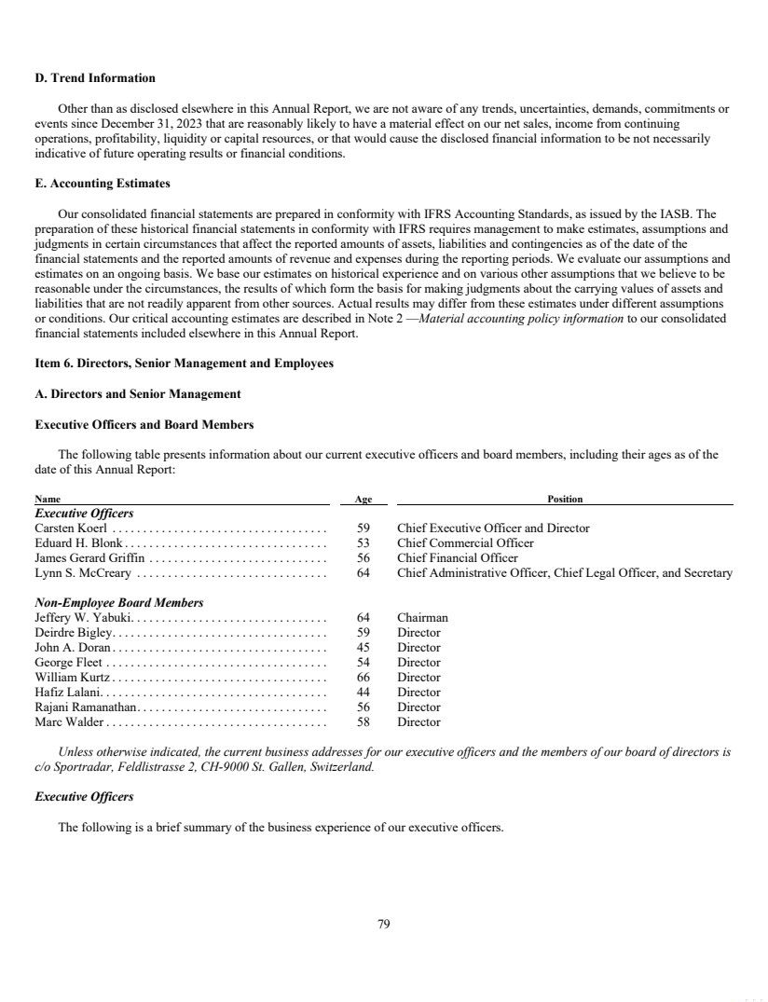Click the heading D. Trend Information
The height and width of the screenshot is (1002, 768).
95,77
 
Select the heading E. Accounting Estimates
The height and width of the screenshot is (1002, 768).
103,183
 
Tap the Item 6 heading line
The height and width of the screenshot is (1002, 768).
184,363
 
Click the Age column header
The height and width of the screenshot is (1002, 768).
363,500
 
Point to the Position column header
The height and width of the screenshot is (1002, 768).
565,500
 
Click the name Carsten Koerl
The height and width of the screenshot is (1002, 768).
71,528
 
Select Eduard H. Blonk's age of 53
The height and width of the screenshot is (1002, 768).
363,543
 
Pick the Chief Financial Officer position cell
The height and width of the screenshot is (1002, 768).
458,558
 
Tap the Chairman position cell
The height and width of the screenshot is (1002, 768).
422,618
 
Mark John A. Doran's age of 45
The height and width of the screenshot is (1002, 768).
363,648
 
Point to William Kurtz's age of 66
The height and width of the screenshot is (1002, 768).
363,678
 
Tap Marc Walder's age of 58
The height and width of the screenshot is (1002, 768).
363,722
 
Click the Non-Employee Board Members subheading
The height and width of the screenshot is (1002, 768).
118,603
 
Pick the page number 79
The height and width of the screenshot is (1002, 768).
383,925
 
